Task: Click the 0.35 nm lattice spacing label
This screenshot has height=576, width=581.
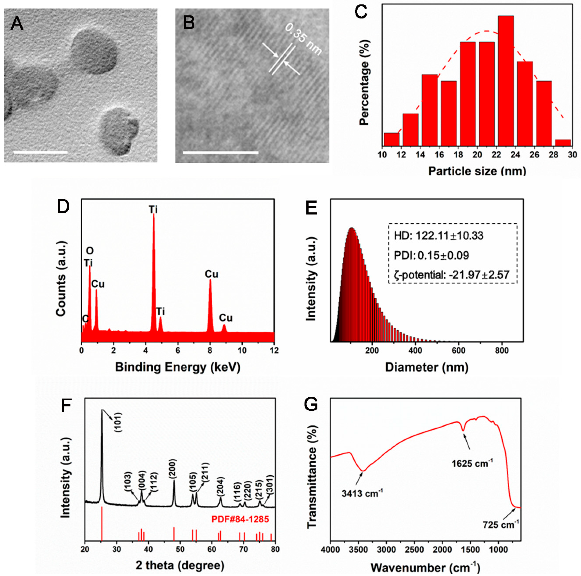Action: tap(303, 40)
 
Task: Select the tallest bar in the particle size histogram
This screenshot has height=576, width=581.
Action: tap(506, 81)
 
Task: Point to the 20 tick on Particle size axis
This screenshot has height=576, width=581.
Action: tap(477, 154)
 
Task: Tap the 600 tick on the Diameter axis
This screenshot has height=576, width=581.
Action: tap(458, 351)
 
